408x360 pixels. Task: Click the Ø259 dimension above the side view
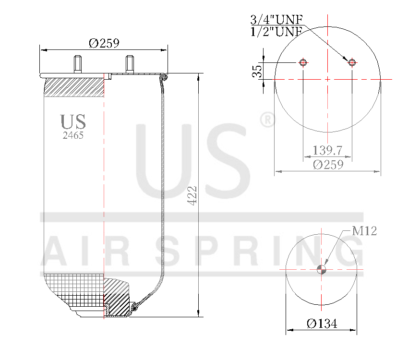(x=104, y=43)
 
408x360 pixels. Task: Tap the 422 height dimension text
(x=192, y=195)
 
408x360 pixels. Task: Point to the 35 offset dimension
(x=258, y=71)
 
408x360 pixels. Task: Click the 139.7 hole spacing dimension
(x=327, y=150)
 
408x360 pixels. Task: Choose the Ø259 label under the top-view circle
(x=328, y=165)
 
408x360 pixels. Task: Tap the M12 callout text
(x=364, y=231)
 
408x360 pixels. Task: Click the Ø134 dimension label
(x=322, y=324)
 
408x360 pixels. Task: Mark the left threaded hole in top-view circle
(x=303, y=62)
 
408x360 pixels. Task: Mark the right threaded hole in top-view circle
(x=352, y=62)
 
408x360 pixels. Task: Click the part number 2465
(x=73, y=135)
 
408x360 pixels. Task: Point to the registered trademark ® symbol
(x=267, y=120)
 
